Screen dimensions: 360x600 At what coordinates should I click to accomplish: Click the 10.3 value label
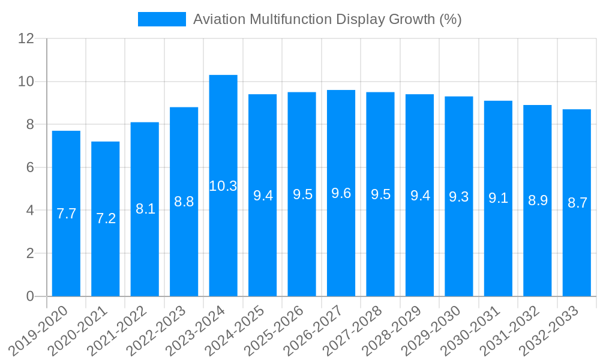tap(223, 186)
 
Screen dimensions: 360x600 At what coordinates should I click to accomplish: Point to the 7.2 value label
tap(106, 218)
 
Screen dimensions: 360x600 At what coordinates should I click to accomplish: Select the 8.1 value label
tap(145, 209)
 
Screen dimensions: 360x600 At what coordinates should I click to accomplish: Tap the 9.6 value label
tap(341, 193)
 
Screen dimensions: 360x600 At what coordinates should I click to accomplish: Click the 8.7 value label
tap(577, 203)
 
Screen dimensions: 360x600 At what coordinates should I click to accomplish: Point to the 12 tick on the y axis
tap(26, 38)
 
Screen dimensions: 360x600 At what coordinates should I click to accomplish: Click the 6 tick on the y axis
tap(30, 167)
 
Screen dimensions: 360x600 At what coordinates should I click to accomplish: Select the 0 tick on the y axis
tap(30, 296)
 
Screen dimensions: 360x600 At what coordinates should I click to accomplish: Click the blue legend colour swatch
tap(162, 19)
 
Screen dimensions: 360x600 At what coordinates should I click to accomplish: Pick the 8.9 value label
tap(538, 200)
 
